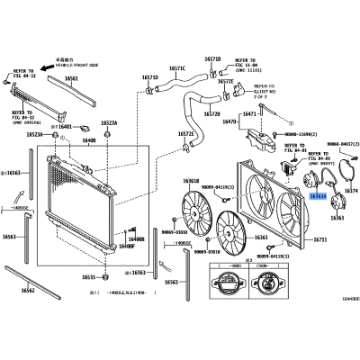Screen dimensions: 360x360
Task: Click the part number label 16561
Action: pyautogui.click(x=71, y=78)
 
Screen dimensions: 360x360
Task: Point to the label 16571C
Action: pyautogui.click(x=176, y=68)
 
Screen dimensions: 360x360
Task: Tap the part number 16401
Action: pyautogui.click(x=64, y=127)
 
